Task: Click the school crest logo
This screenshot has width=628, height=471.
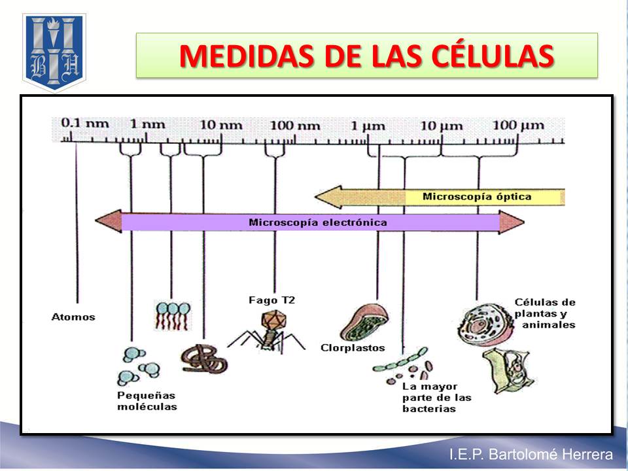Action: tap(54, 52)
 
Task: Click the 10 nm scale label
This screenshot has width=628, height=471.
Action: tap(220, 124)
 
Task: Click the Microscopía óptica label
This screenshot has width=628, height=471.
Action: tap(477, 196)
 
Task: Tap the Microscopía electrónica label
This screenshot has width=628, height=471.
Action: tap(317, 222)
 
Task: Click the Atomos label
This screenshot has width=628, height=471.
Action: tap(73, 317)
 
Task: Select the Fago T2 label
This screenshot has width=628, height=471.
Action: tap(271, 300)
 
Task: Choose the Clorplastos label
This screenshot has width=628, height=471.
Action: tap(353, 347)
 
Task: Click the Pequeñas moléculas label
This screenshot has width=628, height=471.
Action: tap(147, 401)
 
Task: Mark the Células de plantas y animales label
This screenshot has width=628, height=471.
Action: tap(545, 313)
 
